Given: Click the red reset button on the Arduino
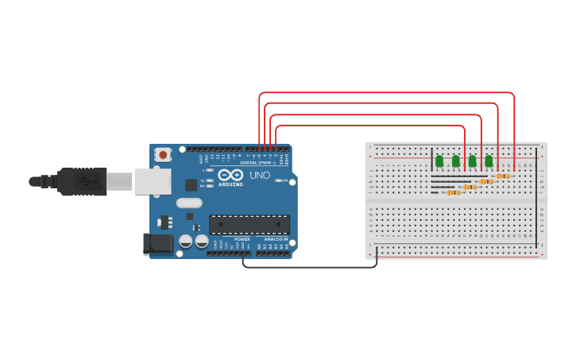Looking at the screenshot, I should (x=163, y=154).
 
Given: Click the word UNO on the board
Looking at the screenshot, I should (x=260, y=175).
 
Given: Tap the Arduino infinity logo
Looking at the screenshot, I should (x=230, y=175).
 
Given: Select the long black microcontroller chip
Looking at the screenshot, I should (x=249, y=224).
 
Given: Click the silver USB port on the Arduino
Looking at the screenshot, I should (x=153, y=181).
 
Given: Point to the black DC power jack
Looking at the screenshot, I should (x=157, y=243).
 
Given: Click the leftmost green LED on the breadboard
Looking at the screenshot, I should (x=439, y=161).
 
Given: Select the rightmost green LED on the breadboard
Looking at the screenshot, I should (x=489, y=161).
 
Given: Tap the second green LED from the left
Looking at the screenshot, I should (x=456, y=161).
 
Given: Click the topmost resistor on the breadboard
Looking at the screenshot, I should (x=503, y=176).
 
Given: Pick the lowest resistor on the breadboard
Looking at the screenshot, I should (x=454, y=192).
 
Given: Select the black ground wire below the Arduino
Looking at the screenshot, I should (x=310, y=267).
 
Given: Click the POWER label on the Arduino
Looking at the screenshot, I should (x=242, y=239).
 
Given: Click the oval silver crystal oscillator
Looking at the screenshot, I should (x=189, y=203).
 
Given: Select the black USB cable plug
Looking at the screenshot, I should (x=82, y=181).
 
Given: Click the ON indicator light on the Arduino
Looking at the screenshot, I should (x=280, y=181).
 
